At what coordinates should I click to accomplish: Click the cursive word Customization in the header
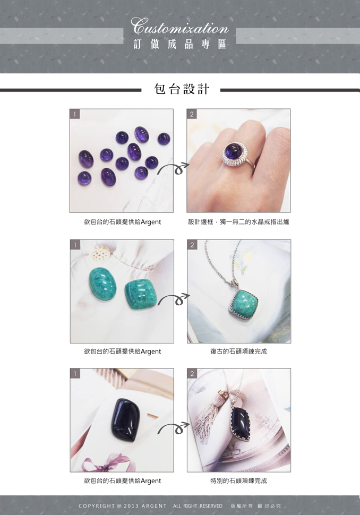pos(179,26)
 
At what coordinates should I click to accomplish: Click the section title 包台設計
pos(182,89)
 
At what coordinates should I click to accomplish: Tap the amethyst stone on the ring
pos(234,150)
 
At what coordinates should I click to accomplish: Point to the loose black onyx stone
pos(125,419)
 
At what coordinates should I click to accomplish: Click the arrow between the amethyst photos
pos(173,168)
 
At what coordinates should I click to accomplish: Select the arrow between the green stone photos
pos(174,299)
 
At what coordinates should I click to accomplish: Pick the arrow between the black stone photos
pos(174,428)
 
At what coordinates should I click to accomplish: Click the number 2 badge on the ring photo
pos(192,114)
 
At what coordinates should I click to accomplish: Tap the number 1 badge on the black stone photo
pos(75,373)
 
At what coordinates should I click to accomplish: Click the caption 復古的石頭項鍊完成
pos(239,351)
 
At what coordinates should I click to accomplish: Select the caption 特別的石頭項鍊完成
pos(239,481)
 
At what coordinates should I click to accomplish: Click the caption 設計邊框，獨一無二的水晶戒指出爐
pos(239,222)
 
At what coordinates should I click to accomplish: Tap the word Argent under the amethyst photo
pos(151,222)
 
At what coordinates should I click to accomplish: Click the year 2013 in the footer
pos(131,506)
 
